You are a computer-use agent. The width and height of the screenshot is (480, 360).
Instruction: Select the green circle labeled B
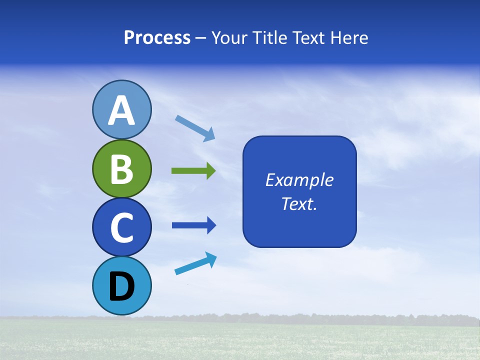point(121,168)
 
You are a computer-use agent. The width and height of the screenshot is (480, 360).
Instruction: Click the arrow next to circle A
point(195,128)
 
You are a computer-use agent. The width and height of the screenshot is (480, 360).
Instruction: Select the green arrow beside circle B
point(193,171)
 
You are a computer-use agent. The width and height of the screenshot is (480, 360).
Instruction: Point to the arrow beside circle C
point(194,225)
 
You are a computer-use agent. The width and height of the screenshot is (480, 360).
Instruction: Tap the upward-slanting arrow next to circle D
point(195,263)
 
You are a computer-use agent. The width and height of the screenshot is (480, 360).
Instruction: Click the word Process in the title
point(157,37)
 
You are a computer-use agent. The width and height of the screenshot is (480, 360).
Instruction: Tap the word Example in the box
point(299,180)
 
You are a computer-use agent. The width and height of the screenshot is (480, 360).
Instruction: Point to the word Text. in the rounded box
point(299,204)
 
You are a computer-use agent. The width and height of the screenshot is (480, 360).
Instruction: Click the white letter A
point(122,111)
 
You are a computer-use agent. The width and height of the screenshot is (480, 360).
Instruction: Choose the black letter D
point(122,287)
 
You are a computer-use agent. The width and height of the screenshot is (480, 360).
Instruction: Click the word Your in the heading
point(230,37)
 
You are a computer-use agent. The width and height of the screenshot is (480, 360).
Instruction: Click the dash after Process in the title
point(201,38)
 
